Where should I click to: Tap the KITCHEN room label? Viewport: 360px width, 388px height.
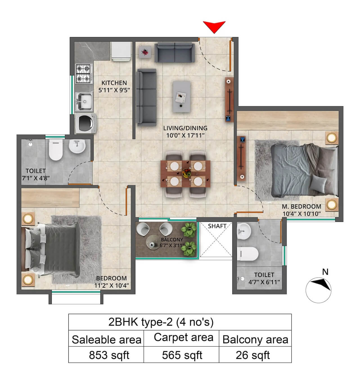(x=114, y=83)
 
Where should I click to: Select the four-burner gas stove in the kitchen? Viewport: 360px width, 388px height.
(x=84, y=74)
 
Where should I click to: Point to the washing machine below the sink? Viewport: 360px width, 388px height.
(x=86, y=123)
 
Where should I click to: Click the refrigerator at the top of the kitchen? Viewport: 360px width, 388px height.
(x=121, y=51)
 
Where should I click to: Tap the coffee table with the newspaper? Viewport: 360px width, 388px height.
(x=181, y=97)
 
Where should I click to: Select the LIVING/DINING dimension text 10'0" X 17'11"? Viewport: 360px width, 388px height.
(x=185, y=136)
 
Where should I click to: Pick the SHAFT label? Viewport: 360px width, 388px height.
(x=217, y=226)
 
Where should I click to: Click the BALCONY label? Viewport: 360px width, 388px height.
(x=172, y=240)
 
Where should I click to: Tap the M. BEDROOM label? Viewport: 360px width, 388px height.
(x=301, y=207)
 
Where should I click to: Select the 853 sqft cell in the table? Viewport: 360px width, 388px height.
(x=109, y=355)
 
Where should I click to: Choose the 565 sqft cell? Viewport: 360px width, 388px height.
(x=182, y=355)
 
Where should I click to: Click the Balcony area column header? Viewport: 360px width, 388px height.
(x=255, y=339)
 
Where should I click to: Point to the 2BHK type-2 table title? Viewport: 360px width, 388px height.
(x=161, y=322)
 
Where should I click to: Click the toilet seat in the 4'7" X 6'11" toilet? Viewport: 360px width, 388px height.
(x=248, y=254)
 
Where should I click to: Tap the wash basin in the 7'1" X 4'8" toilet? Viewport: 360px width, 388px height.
(x=77, y=146)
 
